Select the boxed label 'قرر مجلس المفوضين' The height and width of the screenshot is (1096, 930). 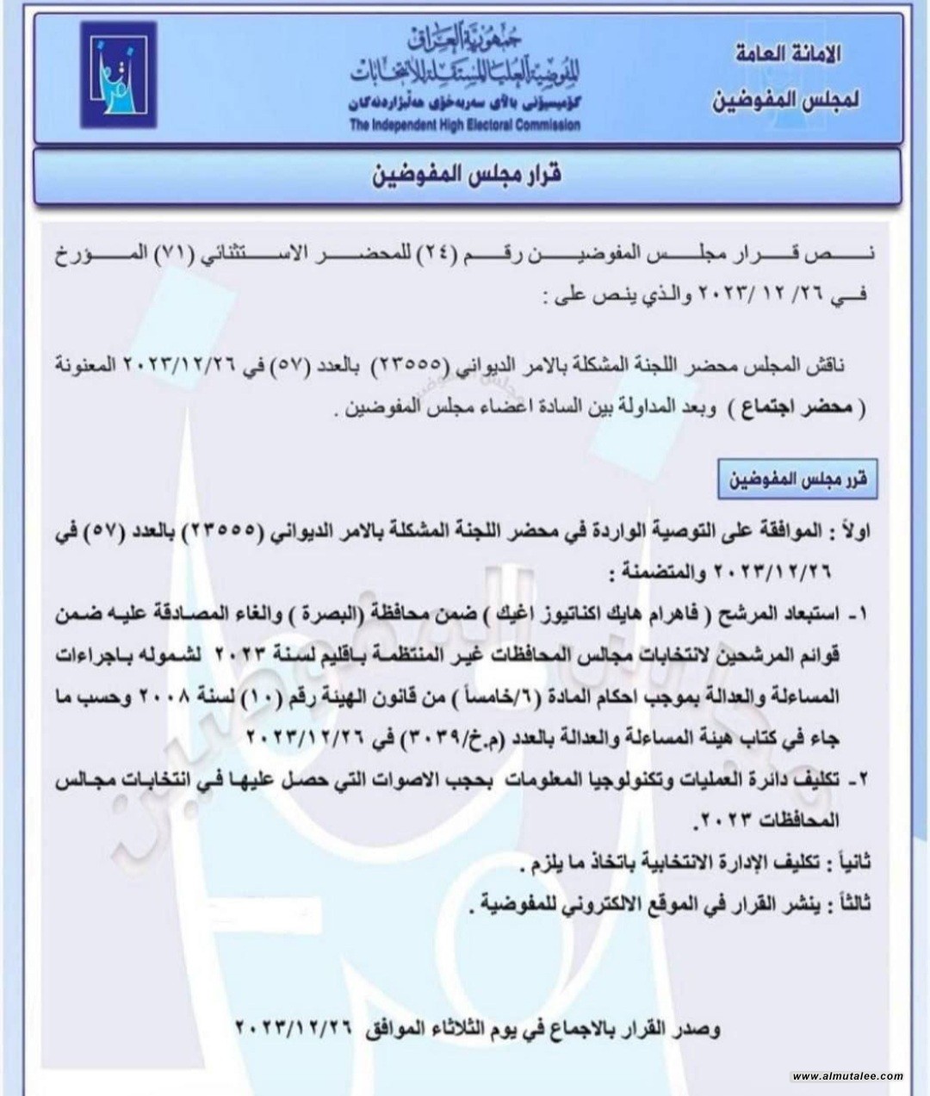tap(798, 482)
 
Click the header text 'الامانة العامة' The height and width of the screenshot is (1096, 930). tap(780, 54)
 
